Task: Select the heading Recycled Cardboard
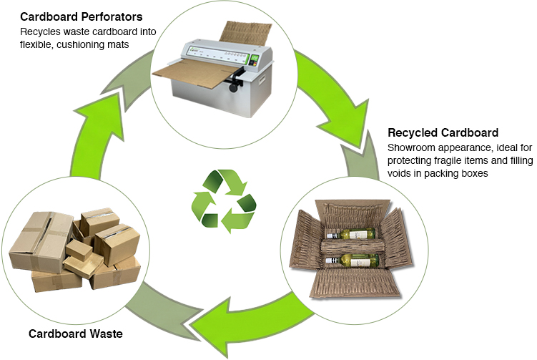point(443,132)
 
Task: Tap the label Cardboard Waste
point(75,334)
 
